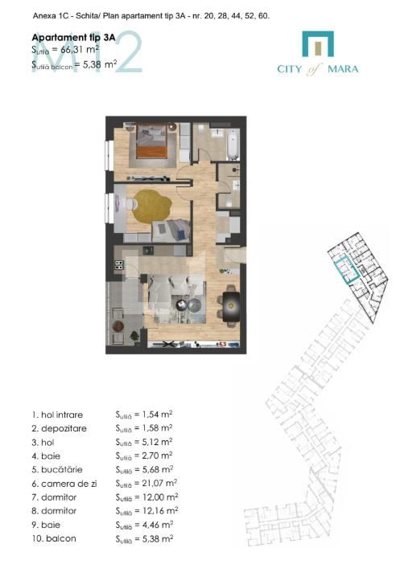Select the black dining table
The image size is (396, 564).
pyautogui.click(x=232, y=304)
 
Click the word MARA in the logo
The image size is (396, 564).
pyautogui.click(x=344, y=68)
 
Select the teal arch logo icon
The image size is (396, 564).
pyautogui.click(x=317, y=44)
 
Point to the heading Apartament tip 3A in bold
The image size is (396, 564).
pyautogui.click(x=72, y=37)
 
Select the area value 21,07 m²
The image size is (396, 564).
pyautogui.click(x=157, y=484)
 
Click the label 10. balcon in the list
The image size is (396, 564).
pyautogui.click(x=55, y=538)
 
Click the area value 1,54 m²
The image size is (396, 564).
pyautogui.click(x=154, y=415)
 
